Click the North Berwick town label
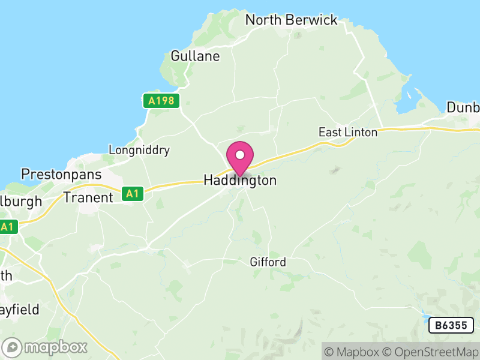[292, 20]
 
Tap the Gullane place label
[195, 56]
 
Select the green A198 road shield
[162, 101]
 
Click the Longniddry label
[139, 150]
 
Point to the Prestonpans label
[61, 175]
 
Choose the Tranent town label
[88, 197]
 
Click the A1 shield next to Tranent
[133, 194]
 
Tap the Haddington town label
[240, 181]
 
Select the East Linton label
[348, 132]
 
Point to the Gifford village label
[268, 262]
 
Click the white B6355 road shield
[451, 325]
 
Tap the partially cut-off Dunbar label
[463, 108]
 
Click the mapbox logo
[45, 347]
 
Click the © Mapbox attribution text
[353, 352]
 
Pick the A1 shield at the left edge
[7, 227]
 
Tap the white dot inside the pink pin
[240, 155]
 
